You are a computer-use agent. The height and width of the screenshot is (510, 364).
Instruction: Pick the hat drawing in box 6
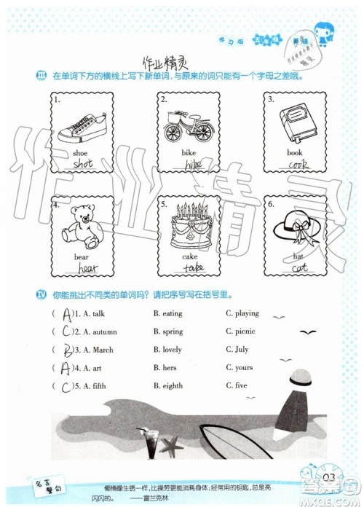click(x=293, y=225)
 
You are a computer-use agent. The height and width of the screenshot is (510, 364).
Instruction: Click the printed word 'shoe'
click(x=80, y=153)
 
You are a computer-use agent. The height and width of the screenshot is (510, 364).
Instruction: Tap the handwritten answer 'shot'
click(x=83, y=165)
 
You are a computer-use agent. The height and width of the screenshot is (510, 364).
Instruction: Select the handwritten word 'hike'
click(x=191, y=165)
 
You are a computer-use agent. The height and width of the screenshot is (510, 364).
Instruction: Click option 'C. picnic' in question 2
click(x=241, y=331)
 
